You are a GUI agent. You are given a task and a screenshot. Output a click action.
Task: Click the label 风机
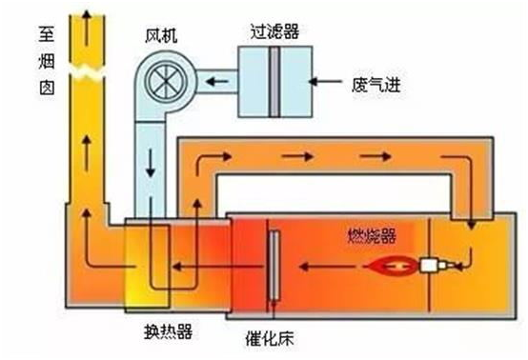pyautogui.click(x=161, y=36)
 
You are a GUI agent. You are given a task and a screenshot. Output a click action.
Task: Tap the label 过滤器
pyautogui.click(x=274, y=32)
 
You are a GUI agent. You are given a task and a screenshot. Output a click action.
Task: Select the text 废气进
pyautogui.click(x=376, y=85)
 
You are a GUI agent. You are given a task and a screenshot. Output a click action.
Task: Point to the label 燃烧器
pyautogui.click(x=372, y=236)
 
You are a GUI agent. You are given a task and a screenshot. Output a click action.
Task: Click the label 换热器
pyautogui.click(x=169, y=331)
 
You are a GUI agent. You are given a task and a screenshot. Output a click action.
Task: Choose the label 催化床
pyautogui.click(x=270, y=338)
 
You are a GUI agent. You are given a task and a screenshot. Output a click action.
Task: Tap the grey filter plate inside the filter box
pyautogui.click(x=274, y=82)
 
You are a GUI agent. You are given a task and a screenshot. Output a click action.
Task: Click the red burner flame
pyautogui.click(x=392, y=266)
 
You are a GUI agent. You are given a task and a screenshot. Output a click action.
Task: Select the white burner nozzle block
pyautogui.click(x=429, y=266)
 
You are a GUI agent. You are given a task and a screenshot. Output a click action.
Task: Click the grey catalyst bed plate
pyautogui.click(x=274, y=266)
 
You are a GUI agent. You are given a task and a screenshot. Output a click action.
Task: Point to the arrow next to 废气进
pyautogui.click(x=325, y=81)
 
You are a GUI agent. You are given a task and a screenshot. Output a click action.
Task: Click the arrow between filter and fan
pyautogui.click(x=217, y=81)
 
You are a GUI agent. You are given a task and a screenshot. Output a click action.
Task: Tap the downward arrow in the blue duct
pyautogui.click(x=151, y=164)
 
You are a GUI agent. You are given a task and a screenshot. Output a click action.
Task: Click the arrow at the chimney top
pyautogui.click(x=87, y=29)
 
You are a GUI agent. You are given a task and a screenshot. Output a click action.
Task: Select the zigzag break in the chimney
pyautogui.click(x=88, y=72)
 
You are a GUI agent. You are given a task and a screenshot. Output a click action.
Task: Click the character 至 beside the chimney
pyautogui.click(x=46, y=34)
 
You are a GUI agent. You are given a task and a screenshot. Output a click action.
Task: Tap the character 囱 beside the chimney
pyautogui.click(x=47, y=88)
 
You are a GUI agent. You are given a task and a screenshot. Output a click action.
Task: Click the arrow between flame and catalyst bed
pyautogui.click(x=326, y=267)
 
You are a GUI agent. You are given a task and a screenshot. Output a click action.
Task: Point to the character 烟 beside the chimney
pyautogui.click(x=47, y=61)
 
